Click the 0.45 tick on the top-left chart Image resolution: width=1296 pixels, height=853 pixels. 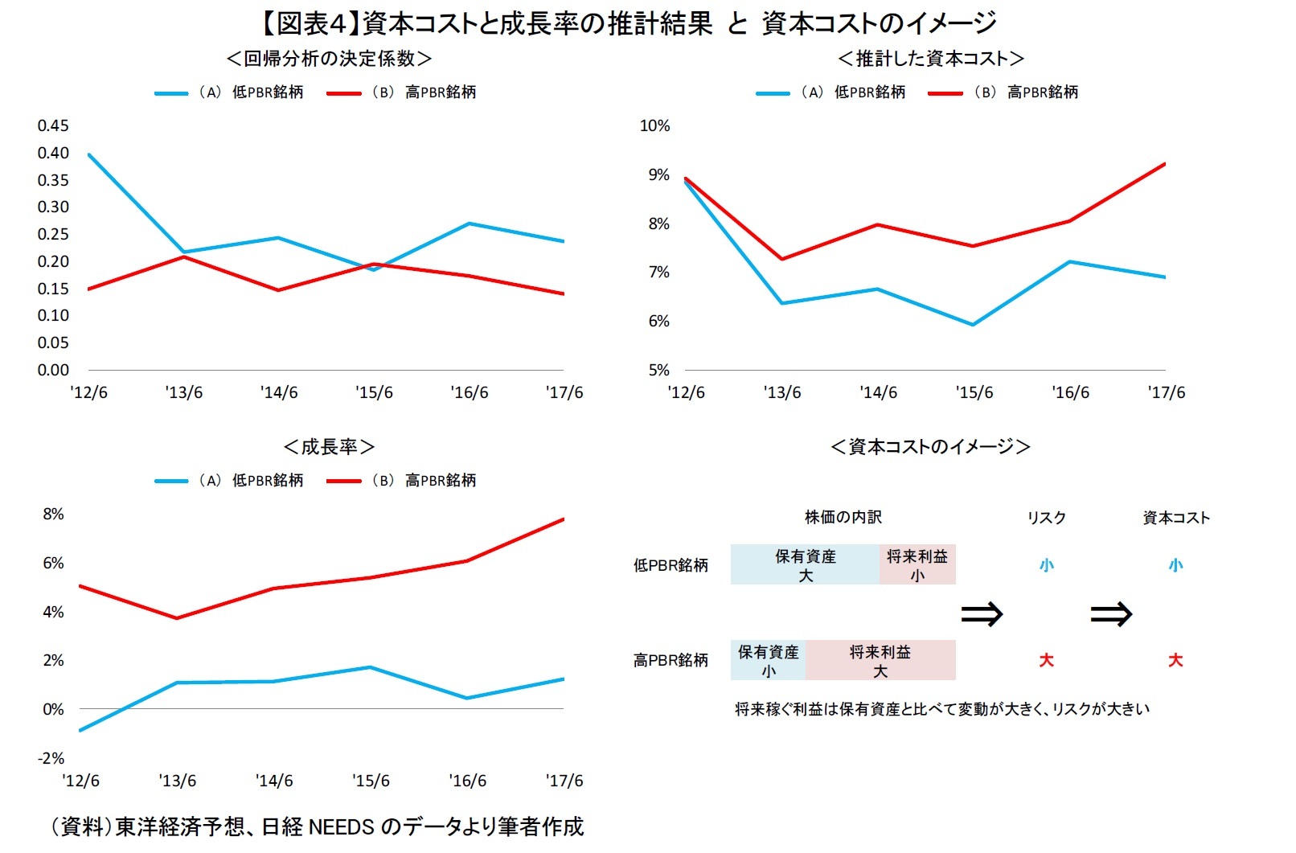pos(53,125)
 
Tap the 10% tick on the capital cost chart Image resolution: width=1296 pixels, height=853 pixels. pos(654,125)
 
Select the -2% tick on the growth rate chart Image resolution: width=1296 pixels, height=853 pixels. pos(51,758)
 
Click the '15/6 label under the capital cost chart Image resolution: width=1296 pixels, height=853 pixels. pos(974,392)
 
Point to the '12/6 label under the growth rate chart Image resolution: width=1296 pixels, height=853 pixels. pos(80,781)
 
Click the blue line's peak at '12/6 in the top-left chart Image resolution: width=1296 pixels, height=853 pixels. pos(88,154)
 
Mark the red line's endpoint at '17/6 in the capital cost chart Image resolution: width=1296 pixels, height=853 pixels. pos(1165,164)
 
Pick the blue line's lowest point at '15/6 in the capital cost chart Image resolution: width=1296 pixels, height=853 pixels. pos(973,325)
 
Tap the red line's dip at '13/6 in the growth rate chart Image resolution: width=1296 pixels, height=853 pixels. pos(177,618)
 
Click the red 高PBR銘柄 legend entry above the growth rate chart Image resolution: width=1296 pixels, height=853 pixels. pos(402,481)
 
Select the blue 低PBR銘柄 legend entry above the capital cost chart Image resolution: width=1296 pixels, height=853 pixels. pos(831,92)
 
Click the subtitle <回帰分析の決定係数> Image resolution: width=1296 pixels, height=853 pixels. pos(329,59)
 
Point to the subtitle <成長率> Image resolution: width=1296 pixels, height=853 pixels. pos(329,447)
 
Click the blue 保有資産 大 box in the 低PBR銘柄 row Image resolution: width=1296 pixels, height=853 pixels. pos(805,565)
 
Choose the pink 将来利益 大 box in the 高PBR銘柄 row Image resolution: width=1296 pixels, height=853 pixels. pos(880,661)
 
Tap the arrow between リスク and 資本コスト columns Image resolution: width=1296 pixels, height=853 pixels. pos(1110,615)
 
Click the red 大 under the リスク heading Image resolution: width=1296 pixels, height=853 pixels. pos(1046,661)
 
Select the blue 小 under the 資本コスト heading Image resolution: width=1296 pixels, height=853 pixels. pos(1175,566)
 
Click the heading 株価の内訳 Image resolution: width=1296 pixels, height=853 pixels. pos(843,518)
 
